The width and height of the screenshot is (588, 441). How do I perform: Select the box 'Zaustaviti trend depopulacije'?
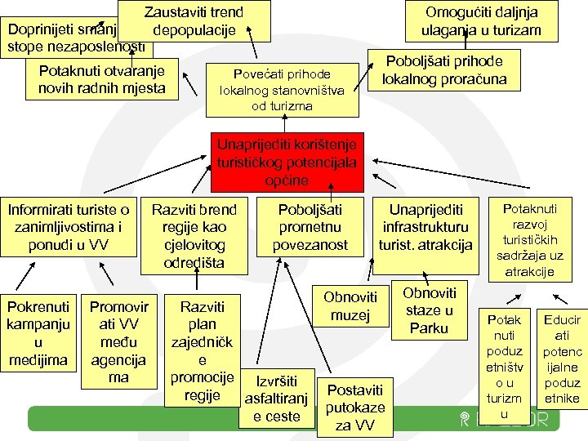(x=194, y=21)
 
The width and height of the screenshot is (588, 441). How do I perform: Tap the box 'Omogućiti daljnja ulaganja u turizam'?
(x=481, y=21)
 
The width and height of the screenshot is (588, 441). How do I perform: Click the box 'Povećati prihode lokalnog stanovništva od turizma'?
(x=283, y=88)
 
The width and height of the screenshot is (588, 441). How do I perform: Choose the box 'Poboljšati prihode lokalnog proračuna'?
(x=443, y=71)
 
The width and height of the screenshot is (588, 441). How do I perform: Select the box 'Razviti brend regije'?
(x=194, y=236)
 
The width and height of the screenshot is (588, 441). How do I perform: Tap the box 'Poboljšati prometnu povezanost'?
(x=310, y=227)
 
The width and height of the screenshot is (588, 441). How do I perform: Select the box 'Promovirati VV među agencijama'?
(x=118, y=342)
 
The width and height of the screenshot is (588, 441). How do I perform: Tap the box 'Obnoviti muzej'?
(x=350, y=305)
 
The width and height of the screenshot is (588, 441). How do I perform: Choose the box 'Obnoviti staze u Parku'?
(x=428, y=310)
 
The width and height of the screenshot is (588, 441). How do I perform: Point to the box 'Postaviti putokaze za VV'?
(x=354, y=407)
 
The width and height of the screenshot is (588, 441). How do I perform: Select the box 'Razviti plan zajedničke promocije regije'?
(x=202, y=350)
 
